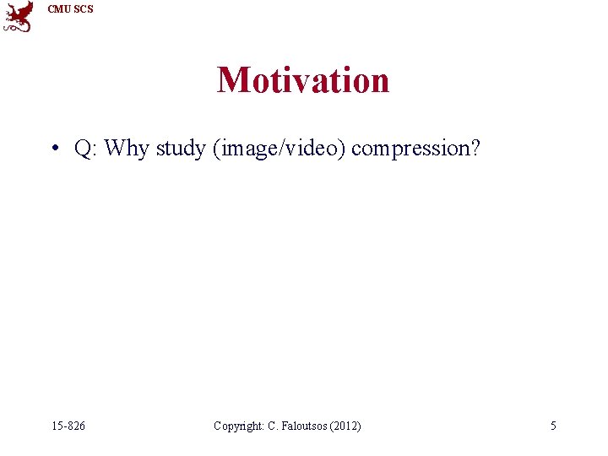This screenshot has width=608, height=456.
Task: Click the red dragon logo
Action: (x=19, y=16)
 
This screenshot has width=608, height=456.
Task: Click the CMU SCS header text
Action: (x=71, y=9)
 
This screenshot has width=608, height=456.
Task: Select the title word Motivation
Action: (x=303, y=80)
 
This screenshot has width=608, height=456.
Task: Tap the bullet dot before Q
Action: (x=53, y=149)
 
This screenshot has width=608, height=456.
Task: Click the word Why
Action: (x=128, y=149)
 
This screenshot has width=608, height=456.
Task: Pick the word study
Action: (x=182, y=149)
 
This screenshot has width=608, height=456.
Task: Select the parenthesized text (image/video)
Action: (x=280, y=149)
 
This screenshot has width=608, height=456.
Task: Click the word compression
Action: (x=410, y=149)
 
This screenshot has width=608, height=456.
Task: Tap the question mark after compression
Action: (x=475, y=149)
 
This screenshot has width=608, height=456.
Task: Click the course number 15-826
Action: (x=67, y=426)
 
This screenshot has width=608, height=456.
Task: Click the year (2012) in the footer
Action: (x=347, y=426)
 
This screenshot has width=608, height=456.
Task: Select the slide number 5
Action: (x=553, y=426)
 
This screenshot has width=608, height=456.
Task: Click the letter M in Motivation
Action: (x=233, y=80)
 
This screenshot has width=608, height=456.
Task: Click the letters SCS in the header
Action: (x=84, y=9)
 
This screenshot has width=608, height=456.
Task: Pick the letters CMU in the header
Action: (x=59, y=9)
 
